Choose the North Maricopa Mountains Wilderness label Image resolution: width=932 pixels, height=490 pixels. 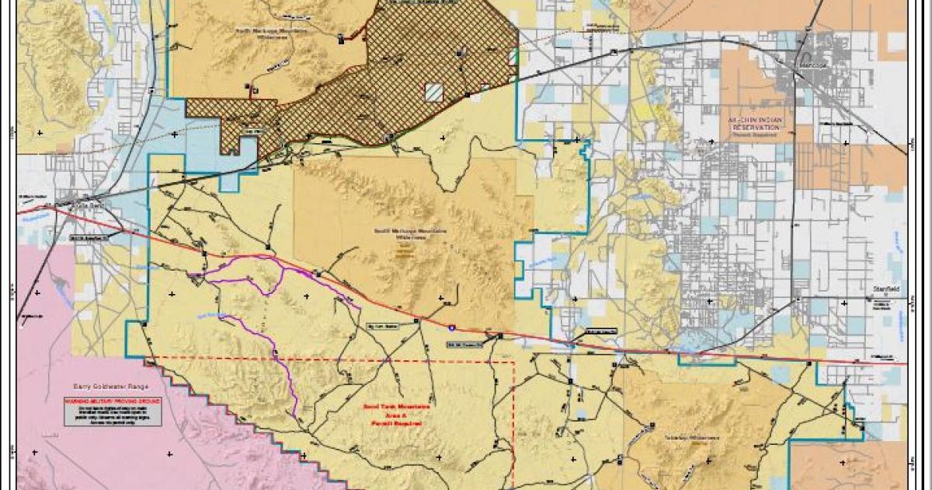(x=271, y=31)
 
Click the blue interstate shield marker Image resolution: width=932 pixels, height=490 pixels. (x=452, y=329)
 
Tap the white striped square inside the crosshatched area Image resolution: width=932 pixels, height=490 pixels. (x=433, y=93)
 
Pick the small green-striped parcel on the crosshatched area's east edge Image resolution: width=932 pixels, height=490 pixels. (x=512, y=58)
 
